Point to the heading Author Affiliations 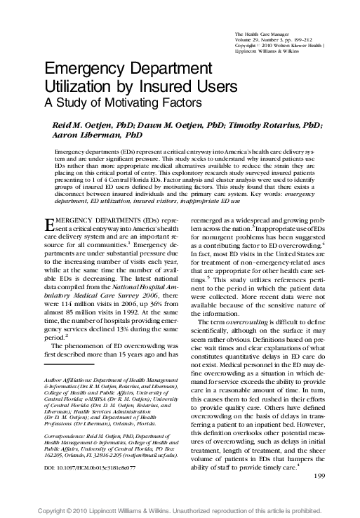67,379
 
